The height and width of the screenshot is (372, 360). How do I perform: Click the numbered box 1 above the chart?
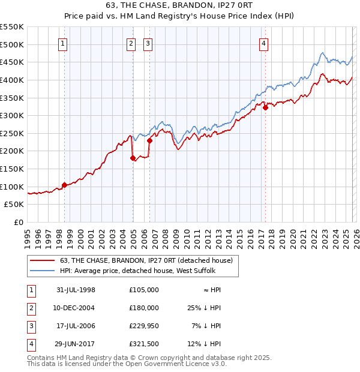click(x=63, y=43)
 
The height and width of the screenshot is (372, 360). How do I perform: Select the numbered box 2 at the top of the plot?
click(x=131, y=43)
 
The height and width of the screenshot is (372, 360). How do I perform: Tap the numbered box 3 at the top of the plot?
click(x=148, y=43)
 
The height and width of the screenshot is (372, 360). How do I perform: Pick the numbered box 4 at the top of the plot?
click(x=263, y=43)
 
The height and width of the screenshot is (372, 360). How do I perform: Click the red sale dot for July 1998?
click(x=64, y=185)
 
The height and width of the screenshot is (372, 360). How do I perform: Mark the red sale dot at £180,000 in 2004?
click(x=133, y=158)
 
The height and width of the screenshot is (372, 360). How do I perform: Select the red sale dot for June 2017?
click(x=265, y=108)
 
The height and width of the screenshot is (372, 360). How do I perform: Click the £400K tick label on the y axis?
click(x=12, y=80)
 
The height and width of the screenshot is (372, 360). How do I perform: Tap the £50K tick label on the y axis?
click(x=14, y=205)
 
